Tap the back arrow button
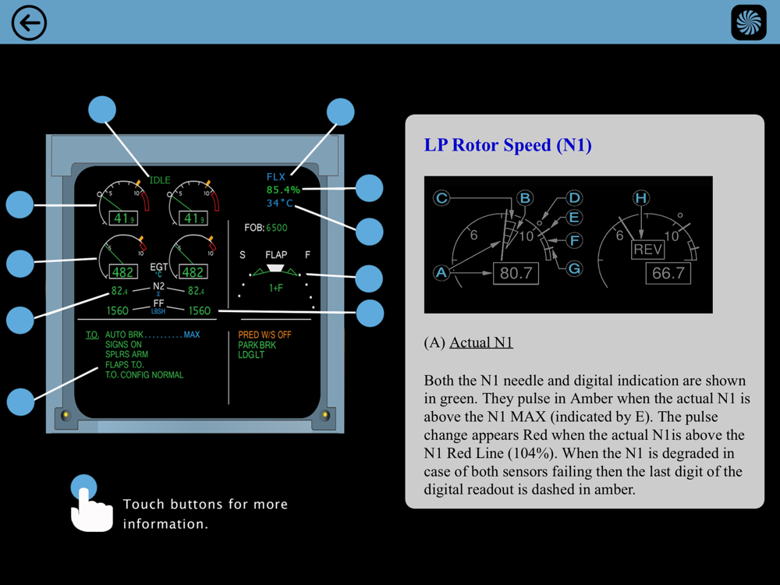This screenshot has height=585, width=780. click(29, 23)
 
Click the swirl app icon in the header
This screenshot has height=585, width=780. click(749, 23)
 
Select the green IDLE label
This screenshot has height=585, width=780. click(160, 180)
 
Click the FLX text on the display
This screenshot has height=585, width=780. click(275, 177)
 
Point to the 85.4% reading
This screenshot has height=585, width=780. click(283, 190)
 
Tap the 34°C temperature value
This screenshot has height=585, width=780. click(279, 204)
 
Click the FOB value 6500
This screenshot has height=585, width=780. click(276, 229)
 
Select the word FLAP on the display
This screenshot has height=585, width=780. click(276, 255)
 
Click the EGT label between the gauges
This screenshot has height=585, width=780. click(159, 268)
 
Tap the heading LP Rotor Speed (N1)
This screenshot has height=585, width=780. click(508, 145)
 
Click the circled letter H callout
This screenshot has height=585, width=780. click(641, 198)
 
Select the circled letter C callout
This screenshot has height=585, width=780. click(441, 198)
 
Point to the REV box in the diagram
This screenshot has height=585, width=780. click(647, 250)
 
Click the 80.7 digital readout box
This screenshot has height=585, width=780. click(516, 274)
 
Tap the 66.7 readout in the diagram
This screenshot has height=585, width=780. click(668, 273)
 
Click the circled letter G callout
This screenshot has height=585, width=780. click(574, 268)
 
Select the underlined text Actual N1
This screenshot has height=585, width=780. click(481, 342)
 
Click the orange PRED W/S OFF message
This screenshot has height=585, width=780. click(264, 335)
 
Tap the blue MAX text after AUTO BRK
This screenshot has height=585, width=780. click(192, 335)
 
